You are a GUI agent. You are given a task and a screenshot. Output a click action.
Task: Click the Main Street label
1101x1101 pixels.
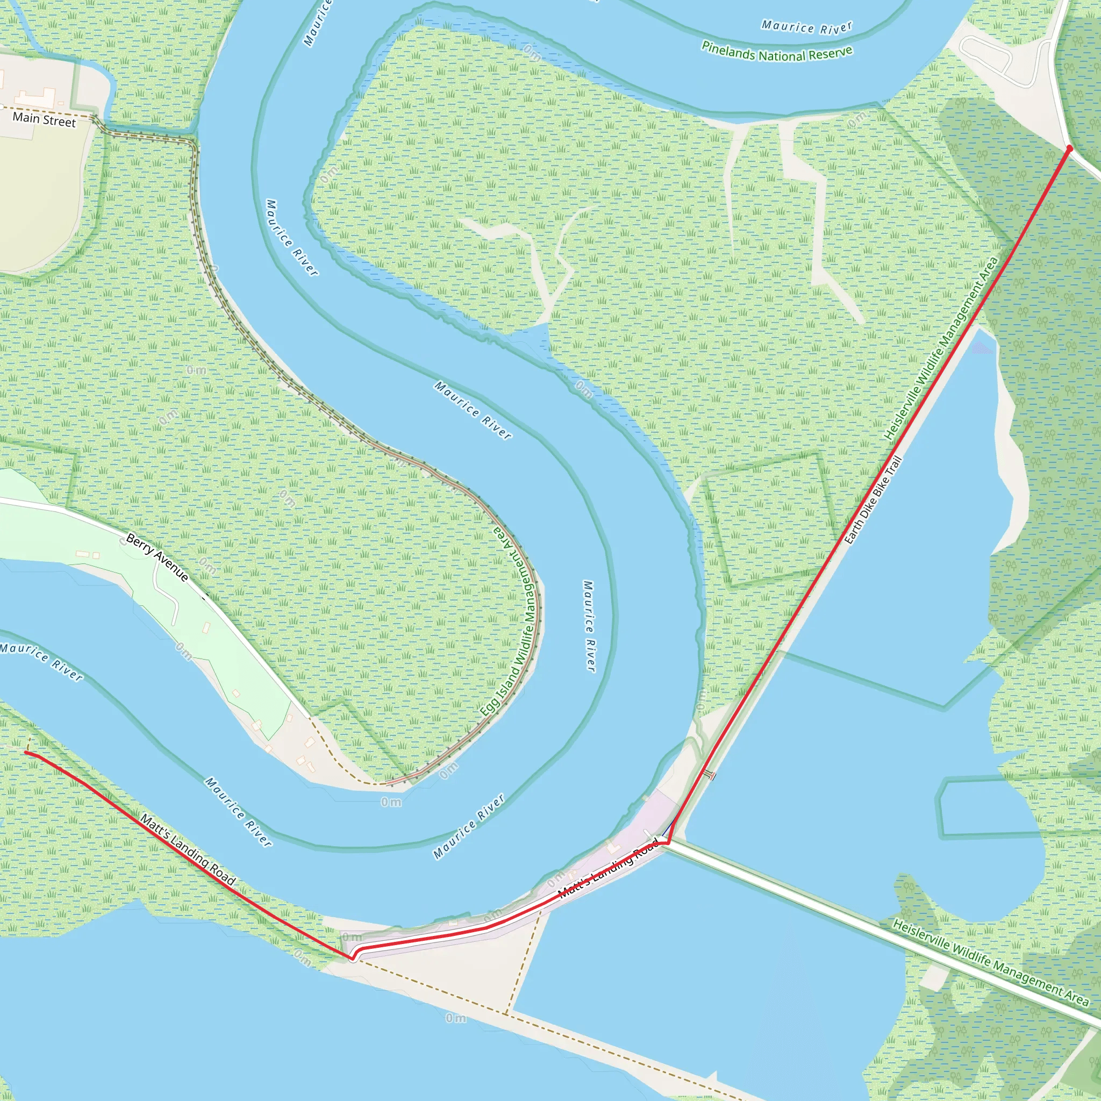[44, 120]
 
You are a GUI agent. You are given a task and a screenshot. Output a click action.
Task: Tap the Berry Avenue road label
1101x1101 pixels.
[157, 557]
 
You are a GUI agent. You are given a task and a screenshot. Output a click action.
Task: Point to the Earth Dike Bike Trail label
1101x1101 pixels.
[873, 501]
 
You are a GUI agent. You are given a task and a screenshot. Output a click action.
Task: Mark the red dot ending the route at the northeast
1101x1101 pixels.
[1070, 149]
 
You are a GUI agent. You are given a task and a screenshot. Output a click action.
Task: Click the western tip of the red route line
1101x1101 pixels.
[26, 752]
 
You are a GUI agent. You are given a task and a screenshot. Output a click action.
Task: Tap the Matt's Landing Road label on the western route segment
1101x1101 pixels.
[188, 850]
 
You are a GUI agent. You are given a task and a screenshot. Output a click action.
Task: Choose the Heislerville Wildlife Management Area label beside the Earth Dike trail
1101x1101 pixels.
[941, 349]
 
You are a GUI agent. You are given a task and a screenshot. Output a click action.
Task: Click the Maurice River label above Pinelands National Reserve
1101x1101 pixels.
[806, 27]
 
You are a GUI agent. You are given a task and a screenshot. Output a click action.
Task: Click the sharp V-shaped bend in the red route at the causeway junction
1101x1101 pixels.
[667, 842]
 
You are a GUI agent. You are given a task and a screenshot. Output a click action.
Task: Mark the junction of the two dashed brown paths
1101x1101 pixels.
[506, 1013]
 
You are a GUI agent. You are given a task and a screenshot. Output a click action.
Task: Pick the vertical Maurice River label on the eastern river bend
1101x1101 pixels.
[589, 626]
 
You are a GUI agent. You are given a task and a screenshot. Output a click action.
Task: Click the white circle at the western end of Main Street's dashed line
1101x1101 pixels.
[3, 106]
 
